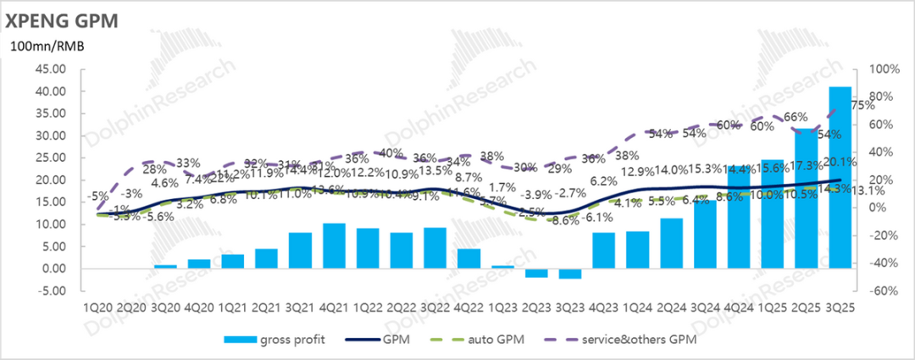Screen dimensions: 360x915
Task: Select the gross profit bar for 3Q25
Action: [x=840, y=177]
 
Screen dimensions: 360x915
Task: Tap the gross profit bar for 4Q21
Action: [x=334, y=246]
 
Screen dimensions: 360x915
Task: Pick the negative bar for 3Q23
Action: [x=570, y=273]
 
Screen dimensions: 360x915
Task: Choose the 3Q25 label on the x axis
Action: [x=840, y=308]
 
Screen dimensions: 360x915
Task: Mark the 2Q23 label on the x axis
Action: [x=536, y=308]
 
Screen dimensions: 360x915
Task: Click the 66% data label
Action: [x=796, y=117]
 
